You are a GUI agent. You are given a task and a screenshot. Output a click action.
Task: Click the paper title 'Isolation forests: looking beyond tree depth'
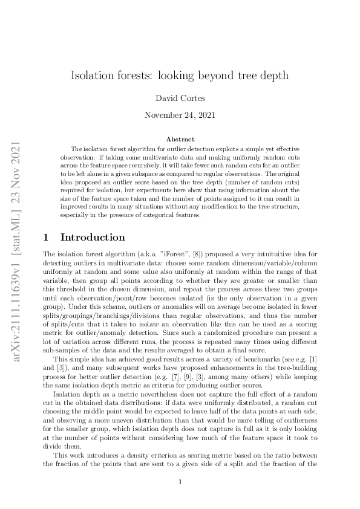180,76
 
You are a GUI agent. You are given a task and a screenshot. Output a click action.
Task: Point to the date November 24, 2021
180,114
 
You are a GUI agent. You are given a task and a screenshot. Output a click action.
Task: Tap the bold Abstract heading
180,139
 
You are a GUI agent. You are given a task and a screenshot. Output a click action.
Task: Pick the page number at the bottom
180,482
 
